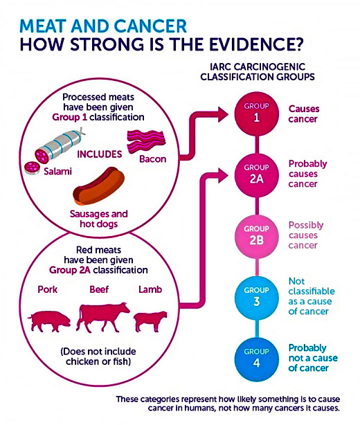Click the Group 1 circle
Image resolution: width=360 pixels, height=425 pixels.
click(x=256, y=114)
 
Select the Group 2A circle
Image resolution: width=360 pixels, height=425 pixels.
click(x=256, y=175)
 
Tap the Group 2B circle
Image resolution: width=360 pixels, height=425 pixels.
click(x=256, y=237)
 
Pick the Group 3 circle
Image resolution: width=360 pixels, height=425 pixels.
click(x=256, y=298)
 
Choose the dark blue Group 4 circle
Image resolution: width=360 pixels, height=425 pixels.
click(x=256, y=360)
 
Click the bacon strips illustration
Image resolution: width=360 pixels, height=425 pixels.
click(x=146, y=141)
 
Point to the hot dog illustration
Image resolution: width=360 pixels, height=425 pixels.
click(x=99, y=186)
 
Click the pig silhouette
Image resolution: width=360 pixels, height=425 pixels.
click(x=49, y=321)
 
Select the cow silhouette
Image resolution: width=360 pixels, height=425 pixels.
click(x=102, y=317)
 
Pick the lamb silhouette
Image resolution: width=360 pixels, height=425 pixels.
click(x=150, y=321)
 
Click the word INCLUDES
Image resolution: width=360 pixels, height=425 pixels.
click(x=100, y=154)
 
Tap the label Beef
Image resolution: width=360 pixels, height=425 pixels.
click(x=99, y=289)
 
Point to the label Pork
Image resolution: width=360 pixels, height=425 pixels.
click(x=48, y=289)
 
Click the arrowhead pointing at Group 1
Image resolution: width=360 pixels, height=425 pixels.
click(x=223, y=114)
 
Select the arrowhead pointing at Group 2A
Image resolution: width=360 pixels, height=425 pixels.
click(x=223, y=175)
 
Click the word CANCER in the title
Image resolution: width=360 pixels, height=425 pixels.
click(x=150, y=26)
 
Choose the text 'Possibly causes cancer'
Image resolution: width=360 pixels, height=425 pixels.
click(x=306, y=235)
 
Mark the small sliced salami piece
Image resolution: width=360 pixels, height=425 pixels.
click(x=33, y=168)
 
